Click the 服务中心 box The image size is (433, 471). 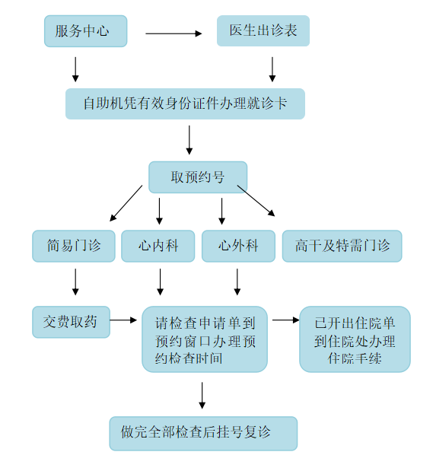86,31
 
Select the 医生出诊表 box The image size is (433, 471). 263,31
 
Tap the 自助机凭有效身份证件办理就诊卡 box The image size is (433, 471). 185,104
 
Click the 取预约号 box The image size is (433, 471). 198,177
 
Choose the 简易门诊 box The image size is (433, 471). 74,246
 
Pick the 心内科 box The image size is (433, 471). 158,246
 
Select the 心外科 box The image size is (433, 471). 238,246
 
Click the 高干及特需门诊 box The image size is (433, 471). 342,246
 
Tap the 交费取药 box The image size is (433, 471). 71,322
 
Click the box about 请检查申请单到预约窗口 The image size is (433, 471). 205,339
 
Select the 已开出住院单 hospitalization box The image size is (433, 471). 355,339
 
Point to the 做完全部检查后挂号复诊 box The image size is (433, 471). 203,434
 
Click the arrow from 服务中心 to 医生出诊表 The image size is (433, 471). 174,33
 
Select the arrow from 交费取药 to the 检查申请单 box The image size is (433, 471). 123,320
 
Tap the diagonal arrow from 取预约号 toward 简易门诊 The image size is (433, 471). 126,203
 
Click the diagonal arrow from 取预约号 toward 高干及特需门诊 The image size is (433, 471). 256,201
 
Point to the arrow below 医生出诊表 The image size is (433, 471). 272,69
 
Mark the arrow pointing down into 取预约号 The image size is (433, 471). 189,140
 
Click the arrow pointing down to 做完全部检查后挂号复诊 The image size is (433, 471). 202,396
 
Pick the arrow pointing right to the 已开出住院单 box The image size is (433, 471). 286,320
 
